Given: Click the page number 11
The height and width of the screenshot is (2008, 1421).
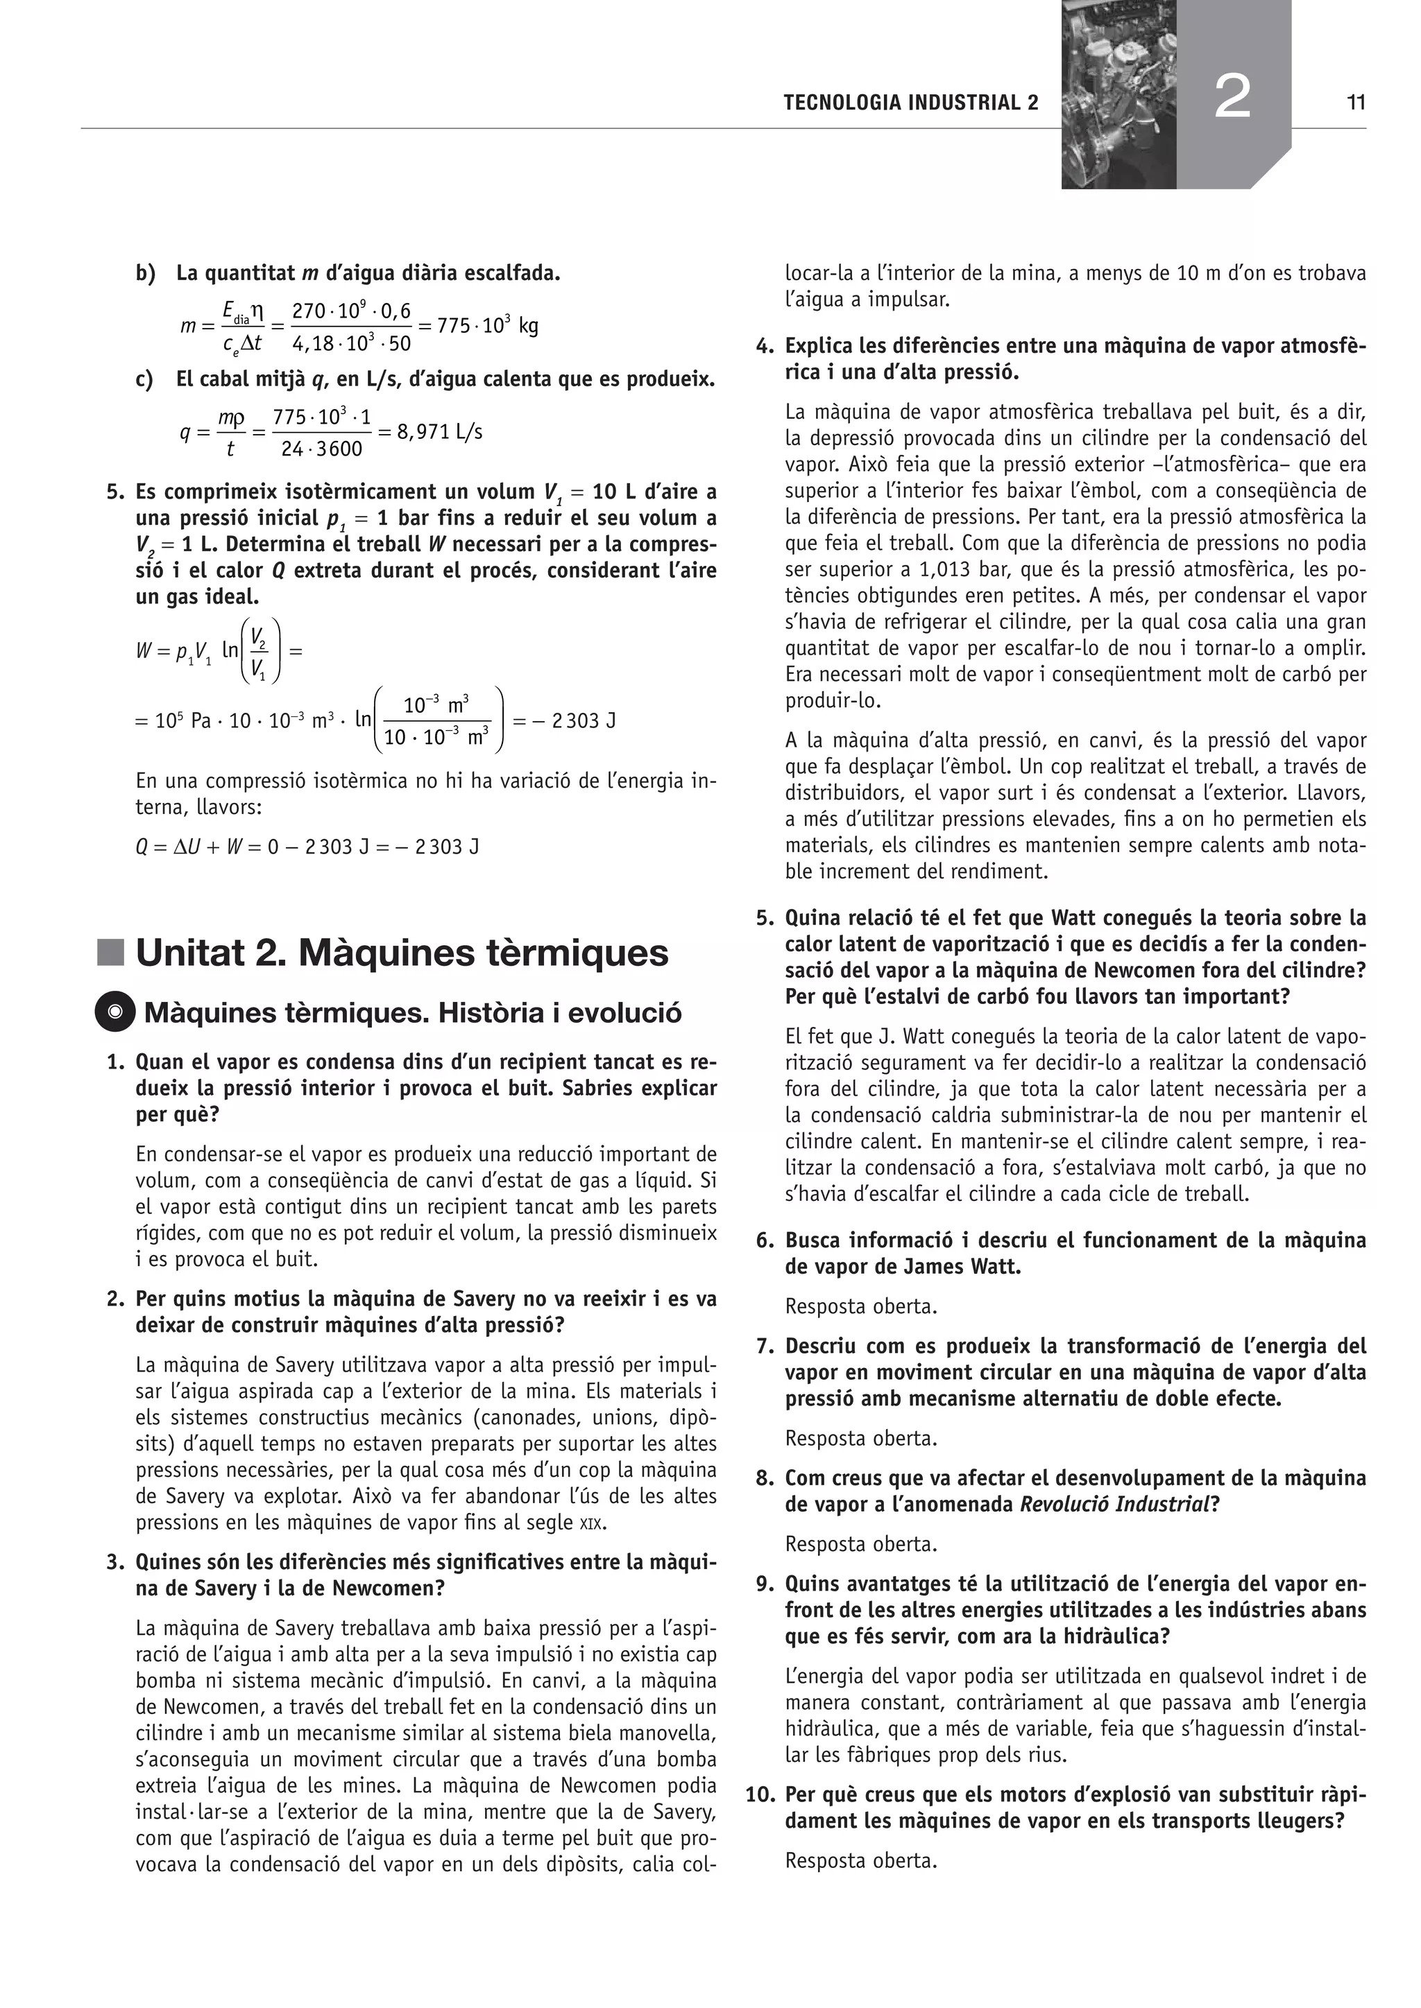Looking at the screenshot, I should [1355, 103].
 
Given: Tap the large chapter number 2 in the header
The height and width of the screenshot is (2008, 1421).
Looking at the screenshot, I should [1232, 97].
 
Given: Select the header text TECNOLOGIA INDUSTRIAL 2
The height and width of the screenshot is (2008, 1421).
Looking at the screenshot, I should [911, 103].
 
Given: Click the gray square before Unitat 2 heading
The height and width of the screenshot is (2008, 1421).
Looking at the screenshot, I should [110, 953].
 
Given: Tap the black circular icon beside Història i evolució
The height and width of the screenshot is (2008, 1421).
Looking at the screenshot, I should [114, 1013].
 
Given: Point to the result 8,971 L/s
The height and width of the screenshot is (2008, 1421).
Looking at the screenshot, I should [440, 432].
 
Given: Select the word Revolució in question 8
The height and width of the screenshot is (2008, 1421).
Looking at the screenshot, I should [1068, 1504].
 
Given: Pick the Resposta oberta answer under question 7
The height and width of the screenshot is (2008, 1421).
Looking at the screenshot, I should [860, 1439].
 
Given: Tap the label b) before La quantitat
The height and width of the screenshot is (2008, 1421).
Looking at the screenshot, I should [145, 274].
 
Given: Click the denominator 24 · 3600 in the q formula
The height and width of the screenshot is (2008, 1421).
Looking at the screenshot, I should [321, 449].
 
